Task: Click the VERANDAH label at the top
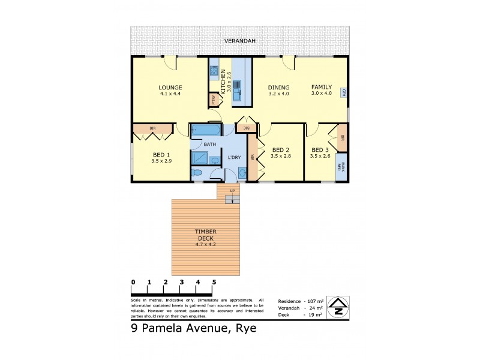click(x=240, y=41)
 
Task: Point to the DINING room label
click(x=278, y=88)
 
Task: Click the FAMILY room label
click(x=322, y=87)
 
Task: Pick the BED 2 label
click(x=281, y=150)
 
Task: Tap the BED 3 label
click(x=320, y=150)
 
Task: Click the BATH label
click(x=209, y=145)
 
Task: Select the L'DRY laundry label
click(x=235, y=157)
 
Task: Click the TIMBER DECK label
click(x=205, y=235)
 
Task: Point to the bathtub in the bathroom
click(x=206, y=130)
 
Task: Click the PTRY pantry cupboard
click(x=214, y=101)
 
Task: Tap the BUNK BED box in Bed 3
click(x=341, y=167)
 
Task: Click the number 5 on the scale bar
click(x=214, y=282)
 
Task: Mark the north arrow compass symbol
click(x=338, y=307)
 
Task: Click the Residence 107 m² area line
click(x=301, y=301)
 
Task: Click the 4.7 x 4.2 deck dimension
click(x=205, y=245)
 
